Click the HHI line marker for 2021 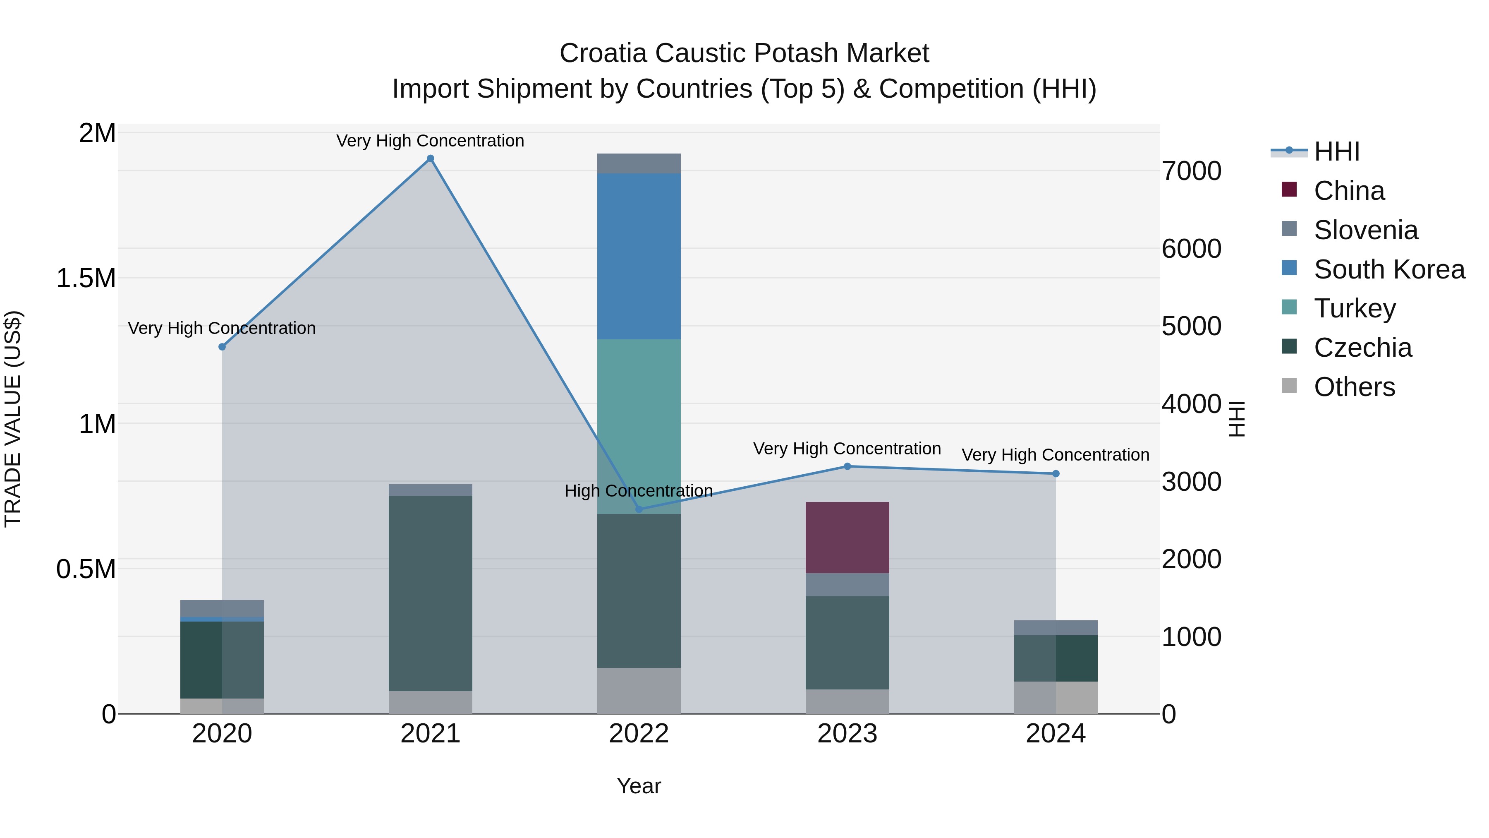(x=430, y=158)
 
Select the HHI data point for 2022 (x=639, y=509)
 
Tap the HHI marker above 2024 (x=1056, y=474)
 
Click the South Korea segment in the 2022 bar (x=639, y=256)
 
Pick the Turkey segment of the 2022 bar (x=639, y=426)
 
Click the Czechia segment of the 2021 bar (x=430, y=593)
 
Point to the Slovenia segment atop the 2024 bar (x=1056, y=627)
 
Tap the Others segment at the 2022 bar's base (x=639, y=691)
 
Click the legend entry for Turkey (x=1354, y=308)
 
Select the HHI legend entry (x=1336, y=151)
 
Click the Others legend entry (x=1354, y=387)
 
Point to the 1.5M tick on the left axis (x=86, y=278)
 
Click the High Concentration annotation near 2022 (x=638, y=491)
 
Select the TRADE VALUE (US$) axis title (x=13, y=419)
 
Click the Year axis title (x=638, y=786)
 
